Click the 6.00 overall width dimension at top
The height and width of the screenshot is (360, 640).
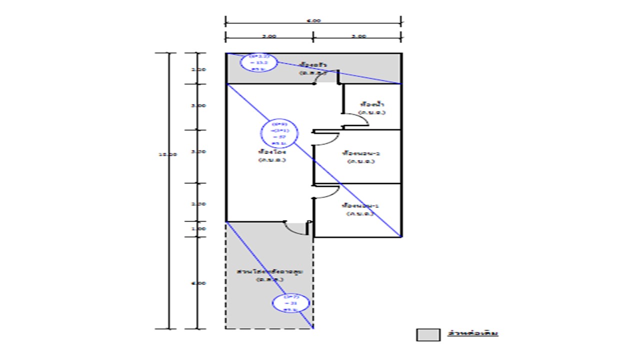[313, 21]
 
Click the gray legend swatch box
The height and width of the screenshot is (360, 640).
[428, 334]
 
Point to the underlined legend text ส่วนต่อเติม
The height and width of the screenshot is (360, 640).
[473, 333]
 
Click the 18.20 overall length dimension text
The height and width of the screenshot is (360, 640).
[167, 154]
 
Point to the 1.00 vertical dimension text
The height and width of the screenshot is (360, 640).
[198, 228]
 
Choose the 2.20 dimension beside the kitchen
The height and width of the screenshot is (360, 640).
[198, 69]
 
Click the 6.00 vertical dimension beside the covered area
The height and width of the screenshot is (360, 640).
[198, 283]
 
